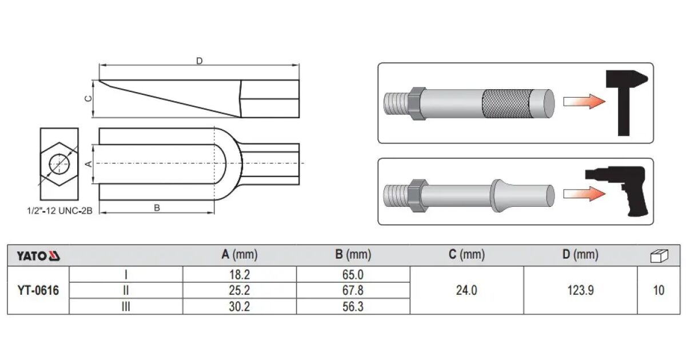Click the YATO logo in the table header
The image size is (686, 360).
(x=38, y=256)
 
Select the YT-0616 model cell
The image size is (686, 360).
(x=38, y=290)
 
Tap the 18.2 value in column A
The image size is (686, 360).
(x=240, y=275)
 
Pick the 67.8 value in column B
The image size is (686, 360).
(x=353, y=290)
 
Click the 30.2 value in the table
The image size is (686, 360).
(x=240, y=306)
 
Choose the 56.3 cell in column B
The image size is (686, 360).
(x=353, y=306)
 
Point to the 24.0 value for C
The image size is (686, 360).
(x=466, y=290)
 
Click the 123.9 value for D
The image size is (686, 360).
(x=580, y=290)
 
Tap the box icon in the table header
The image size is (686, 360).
(x=659, y=256)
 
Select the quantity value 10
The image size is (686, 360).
(x=659, y=290)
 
